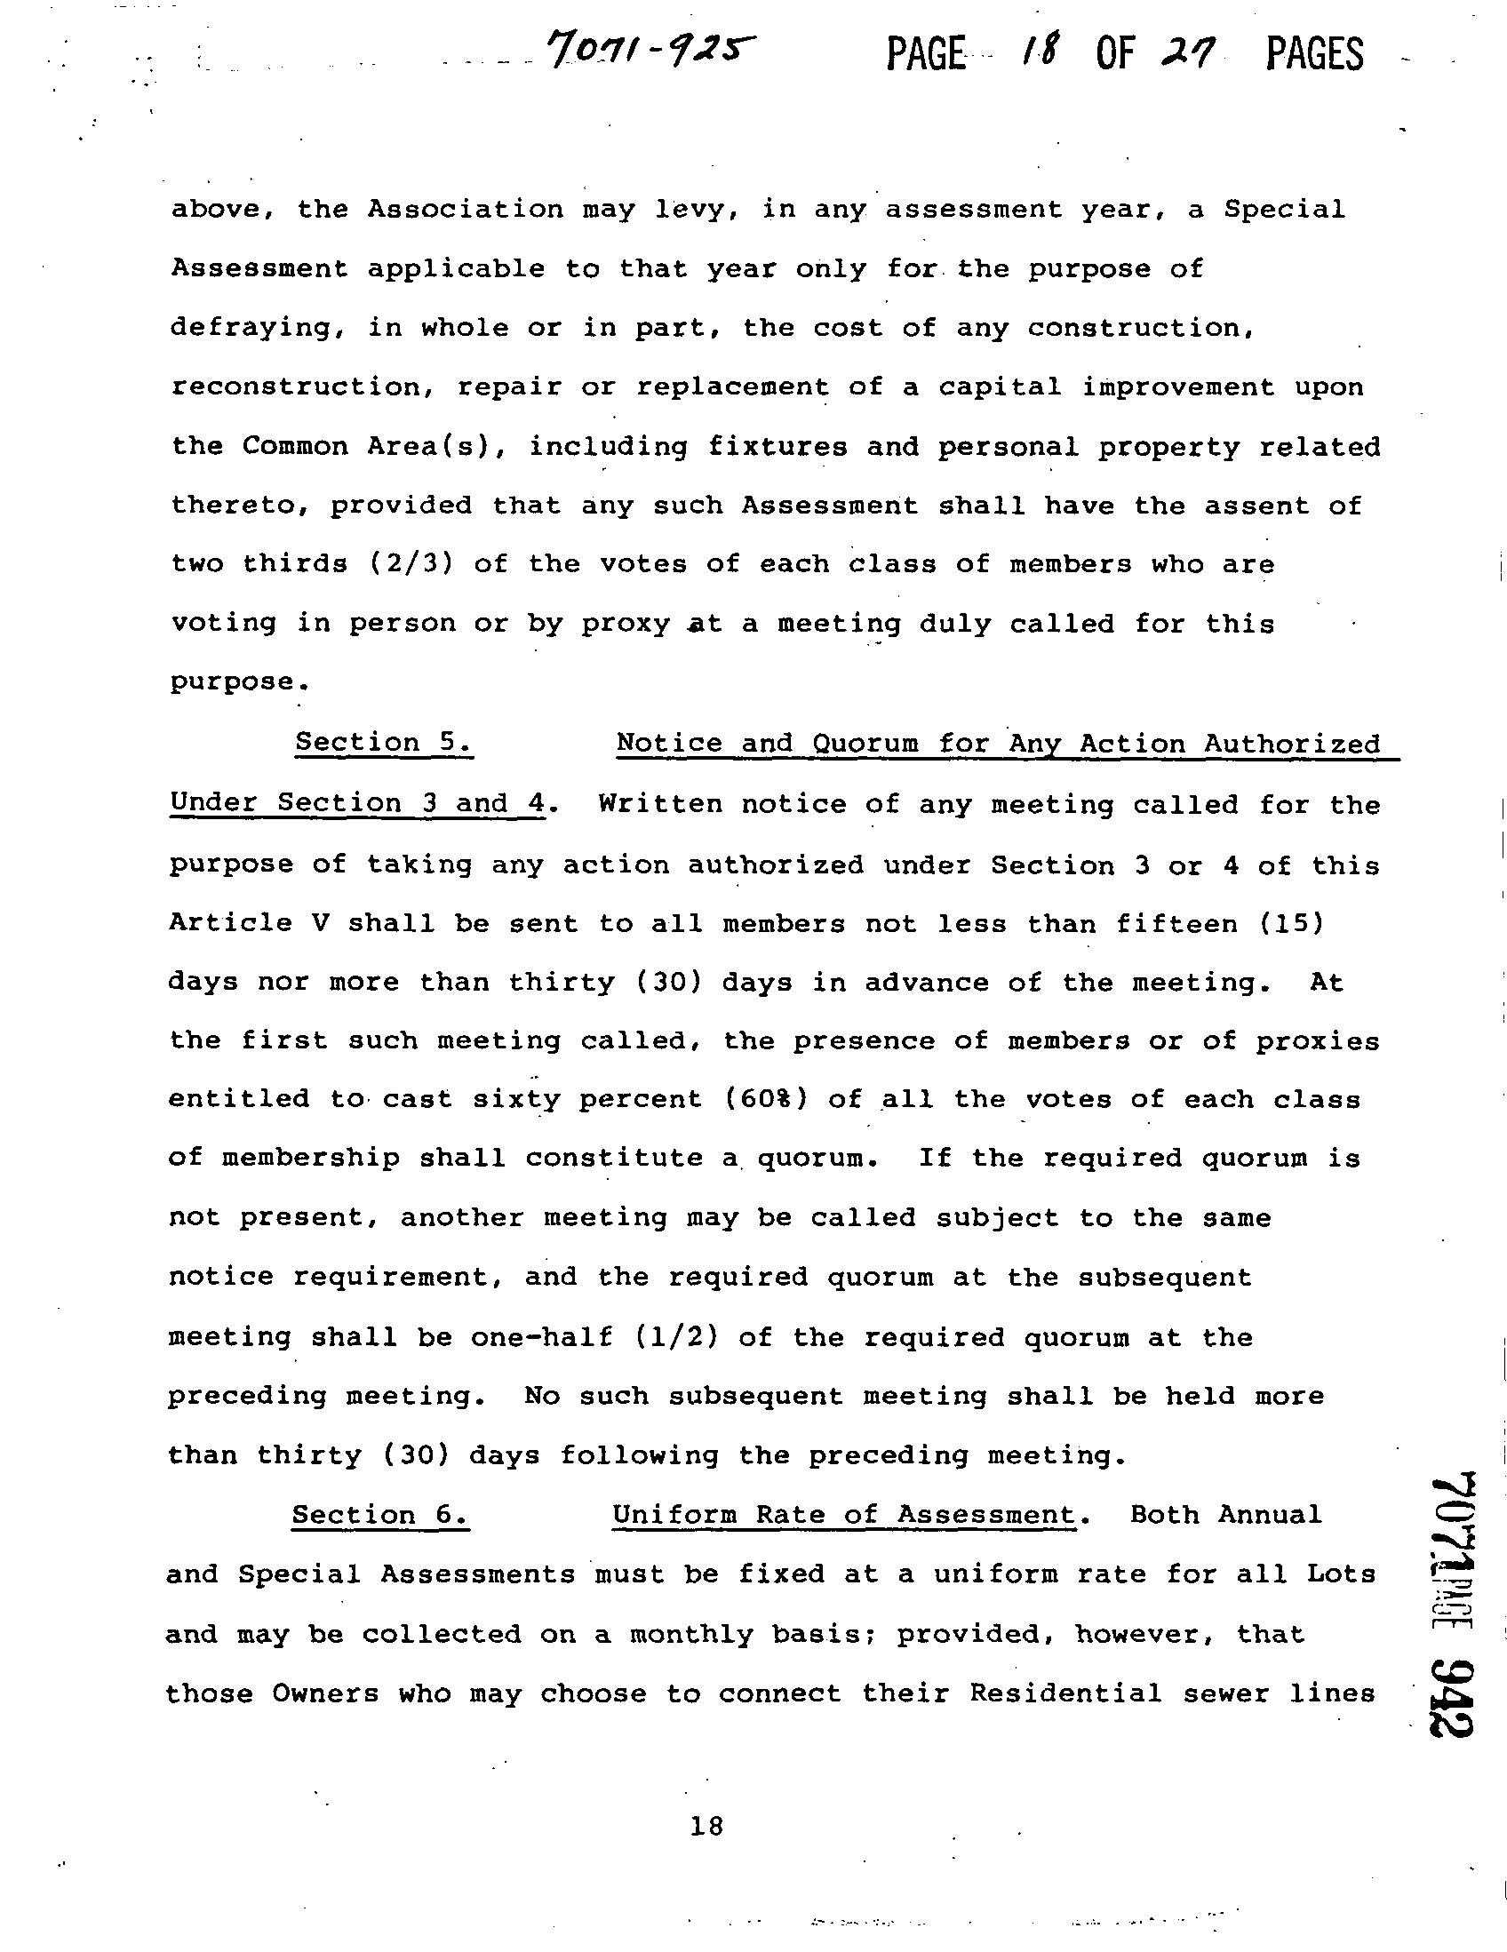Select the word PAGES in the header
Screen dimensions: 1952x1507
tap(1314, 54)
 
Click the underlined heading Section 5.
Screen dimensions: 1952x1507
tap(384, 743)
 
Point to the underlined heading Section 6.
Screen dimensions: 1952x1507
tap(380, 1515)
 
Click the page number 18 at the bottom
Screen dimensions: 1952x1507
tap(706, 1826)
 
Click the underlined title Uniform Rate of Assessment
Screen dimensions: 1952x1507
tap(844, 1515)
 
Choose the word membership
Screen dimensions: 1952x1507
tap(310, 1159)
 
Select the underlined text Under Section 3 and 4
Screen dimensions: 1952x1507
tap(356, 802)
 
